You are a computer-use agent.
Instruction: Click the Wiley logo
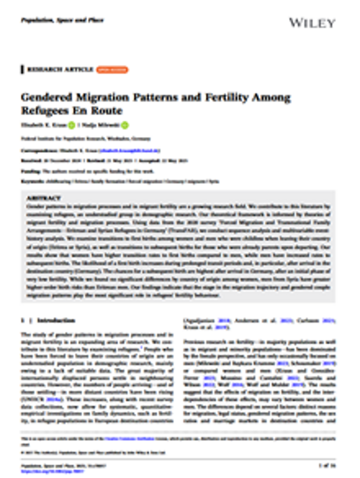312,23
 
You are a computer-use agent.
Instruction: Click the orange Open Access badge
112,70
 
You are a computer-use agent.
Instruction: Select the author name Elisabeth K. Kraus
43,125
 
